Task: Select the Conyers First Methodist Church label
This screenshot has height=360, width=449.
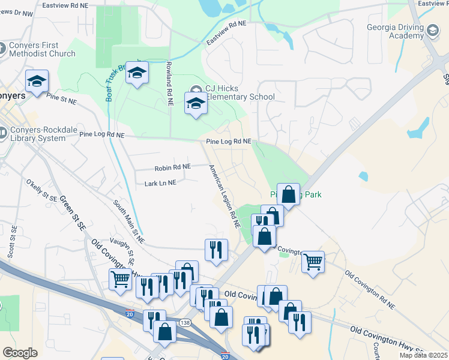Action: (42, 50)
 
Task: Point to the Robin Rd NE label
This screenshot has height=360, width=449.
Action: (172, 167)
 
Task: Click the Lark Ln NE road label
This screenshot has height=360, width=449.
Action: (160, 182)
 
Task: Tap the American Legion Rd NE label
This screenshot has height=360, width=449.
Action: (224, 197)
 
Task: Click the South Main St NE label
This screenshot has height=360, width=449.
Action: (128, 221)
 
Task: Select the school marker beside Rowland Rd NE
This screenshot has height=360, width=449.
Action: (137, 73)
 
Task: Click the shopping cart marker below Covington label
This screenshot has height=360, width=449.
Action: (313, 261)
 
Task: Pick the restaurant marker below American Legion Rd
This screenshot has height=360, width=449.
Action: (216, 249)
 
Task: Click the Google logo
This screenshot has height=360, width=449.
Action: (20, 353)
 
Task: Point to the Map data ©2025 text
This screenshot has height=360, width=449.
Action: (423, 355)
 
